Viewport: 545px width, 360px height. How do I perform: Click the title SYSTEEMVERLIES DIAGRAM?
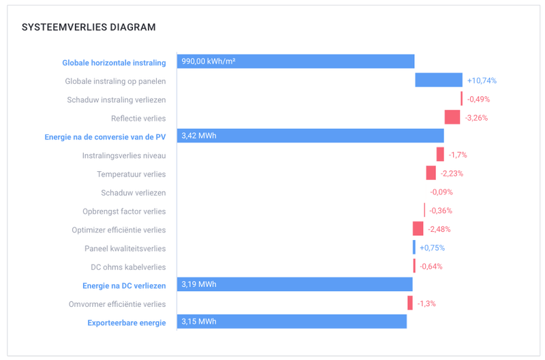(x=89, y=27)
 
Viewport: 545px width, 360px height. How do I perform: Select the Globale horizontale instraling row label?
(x=114, y=63)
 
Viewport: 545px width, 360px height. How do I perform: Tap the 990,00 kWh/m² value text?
(x=208, y=62)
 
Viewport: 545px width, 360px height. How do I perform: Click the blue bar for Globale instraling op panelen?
(x=439, y=80)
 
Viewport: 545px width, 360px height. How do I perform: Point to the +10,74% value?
(x=482, y=80)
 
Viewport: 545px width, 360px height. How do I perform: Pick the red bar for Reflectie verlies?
(x=452, y=117)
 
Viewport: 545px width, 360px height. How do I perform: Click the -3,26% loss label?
(x=477, y=118)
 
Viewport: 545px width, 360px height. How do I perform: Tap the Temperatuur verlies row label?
(x=131, y=174)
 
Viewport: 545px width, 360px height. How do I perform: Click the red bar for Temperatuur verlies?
(x=431, y=173)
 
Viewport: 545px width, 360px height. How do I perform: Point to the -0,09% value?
(x=441, y=192)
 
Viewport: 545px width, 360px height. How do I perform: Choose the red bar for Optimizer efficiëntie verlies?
(x=418, y=228)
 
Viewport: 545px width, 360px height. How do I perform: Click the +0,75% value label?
(x=432, y=247)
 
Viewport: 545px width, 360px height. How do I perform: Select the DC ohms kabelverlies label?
(x=128, y=267)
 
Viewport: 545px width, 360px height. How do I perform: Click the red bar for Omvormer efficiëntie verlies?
(x=410, y=303)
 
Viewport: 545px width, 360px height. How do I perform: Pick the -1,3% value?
(x=426, y=303)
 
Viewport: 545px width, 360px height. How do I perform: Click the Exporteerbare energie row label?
(x=127, y=322)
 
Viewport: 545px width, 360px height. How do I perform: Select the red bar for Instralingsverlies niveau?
(x=440, y=155)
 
